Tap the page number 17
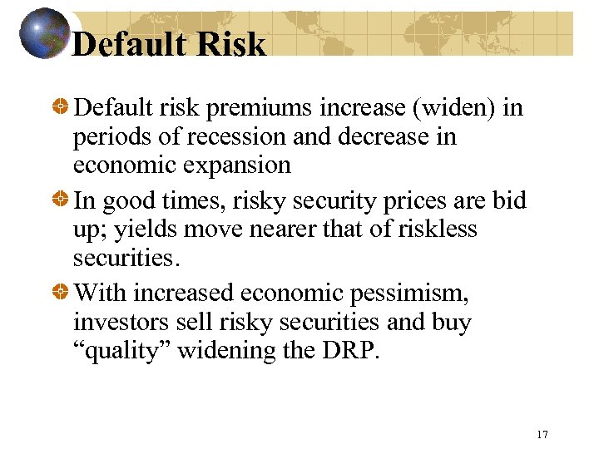click(542, 434)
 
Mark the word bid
click(512, 201)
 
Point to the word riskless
click(436, 229)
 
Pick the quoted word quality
click(119, 350)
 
